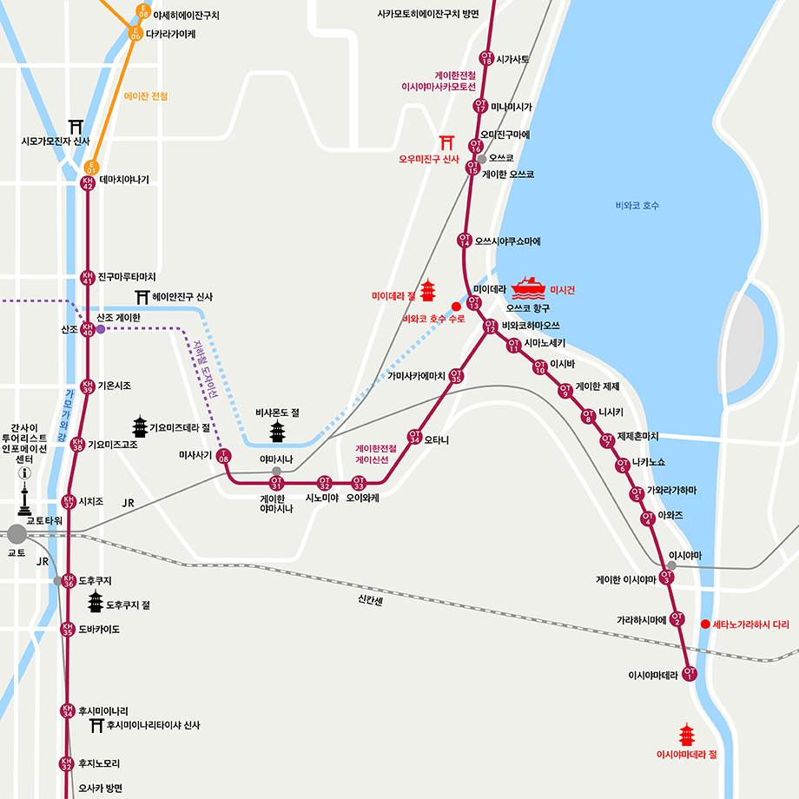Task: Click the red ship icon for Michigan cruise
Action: tap(529, 287)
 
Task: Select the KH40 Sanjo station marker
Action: tap(87, 329)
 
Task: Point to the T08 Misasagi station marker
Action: tap(225, 456)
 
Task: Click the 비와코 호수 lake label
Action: tap(637, 206)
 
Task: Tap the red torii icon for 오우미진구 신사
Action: tap(448, 142)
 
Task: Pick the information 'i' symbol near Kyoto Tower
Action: tap(24, 474)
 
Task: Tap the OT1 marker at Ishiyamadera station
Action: tap(690, 674)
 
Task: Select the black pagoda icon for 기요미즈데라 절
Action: tap(140, 426)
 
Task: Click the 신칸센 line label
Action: tap(370, 598)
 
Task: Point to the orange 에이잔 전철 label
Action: tap(146, 96)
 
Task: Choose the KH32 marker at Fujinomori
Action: tap(66, 764)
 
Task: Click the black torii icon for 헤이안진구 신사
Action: tap(142, 297)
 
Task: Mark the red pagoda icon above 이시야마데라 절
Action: tap(687, 735)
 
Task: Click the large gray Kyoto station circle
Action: tap(17, 533)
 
